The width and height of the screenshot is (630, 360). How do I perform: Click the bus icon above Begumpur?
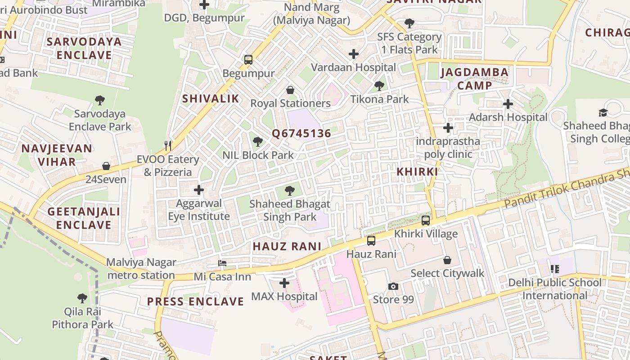(248, 59)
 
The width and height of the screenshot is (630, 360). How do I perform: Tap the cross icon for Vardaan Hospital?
(354, 54)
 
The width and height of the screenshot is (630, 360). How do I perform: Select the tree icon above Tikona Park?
(379, 85)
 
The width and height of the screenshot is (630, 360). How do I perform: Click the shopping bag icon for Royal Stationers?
(290, 90)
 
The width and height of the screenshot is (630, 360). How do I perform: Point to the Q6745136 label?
(301, 133)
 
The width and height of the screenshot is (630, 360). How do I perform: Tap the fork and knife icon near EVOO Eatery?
(168, 145)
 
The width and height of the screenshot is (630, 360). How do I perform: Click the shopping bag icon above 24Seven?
(106, 166)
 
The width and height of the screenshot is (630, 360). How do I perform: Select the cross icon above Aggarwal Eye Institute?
(198, 190)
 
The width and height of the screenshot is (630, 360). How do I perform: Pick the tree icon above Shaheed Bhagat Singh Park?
(290, 191)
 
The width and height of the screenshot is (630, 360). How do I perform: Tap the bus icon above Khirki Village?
(426, 220)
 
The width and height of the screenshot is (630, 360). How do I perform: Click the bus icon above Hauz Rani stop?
(371, 240)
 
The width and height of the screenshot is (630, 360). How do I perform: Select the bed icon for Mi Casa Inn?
(222, 263)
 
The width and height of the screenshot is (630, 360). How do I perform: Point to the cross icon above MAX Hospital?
(284, 283)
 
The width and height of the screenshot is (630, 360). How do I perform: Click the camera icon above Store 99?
(393, 286)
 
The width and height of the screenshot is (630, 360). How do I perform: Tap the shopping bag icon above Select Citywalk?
(447, 260)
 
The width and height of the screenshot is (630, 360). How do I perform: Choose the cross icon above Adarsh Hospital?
(508, 104)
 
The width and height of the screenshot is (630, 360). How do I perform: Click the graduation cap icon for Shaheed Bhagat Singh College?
(603, 112)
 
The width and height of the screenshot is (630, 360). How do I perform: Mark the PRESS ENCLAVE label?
(195, 301)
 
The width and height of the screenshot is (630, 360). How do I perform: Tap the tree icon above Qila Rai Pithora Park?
(82, 298)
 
